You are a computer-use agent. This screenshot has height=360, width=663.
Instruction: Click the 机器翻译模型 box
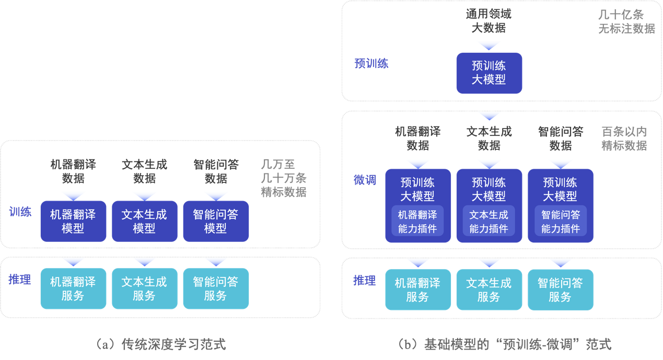(x=73, y=221)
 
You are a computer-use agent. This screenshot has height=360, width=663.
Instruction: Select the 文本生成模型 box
(x=144, y=221)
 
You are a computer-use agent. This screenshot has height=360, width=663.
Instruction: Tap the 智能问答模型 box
(x=216, y=221)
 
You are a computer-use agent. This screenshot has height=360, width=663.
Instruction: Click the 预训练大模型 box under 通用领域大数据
(x=489, y=73)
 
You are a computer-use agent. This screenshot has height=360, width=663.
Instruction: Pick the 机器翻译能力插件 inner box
(x=417, y=222)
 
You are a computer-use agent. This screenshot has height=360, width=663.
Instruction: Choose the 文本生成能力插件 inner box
(x=489, y=222)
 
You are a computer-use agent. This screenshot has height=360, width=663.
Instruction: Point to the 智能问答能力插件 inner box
(x=561, y=222)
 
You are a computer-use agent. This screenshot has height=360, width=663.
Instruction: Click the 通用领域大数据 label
(x=489, y=21)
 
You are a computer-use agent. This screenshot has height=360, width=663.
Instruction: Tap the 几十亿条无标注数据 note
(x=626, y=22)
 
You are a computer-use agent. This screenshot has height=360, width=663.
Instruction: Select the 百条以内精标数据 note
(x=624, y=138)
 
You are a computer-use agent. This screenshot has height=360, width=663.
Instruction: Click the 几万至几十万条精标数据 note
(x=284, y=178)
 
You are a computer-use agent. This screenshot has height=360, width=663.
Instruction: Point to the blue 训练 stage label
(x=20, y=212)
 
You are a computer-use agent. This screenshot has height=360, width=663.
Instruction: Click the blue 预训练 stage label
(x=371, y=64)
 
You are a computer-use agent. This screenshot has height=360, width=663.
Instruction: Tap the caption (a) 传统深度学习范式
(x=161, y=345)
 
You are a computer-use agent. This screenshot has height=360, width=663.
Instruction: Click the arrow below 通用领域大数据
(x=489, y=45)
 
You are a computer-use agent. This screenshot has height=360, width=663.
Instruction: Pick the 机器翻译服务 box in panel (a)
(x=73, y=288)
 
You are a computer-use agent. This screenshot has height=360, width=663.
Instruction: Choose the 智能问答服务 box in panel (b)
(x=561, y=289)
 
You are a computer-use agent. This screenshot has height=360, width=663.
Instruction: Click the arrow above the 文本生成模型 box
(x=144, y=195)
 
